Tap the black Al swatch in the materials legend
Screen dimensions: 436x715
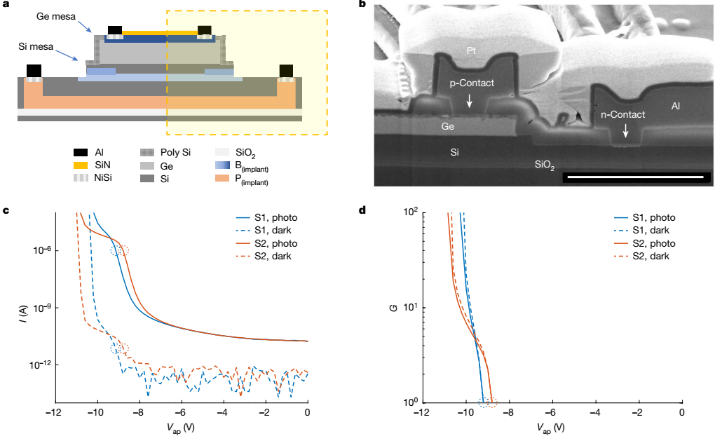coord(80,152)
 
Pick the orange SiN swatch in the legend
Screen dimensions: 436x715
coord(80,165)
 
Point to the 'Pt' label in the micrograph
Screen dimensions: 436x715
coord(473,50)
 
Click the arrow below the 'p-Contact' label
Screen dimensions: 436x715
coord(470,102)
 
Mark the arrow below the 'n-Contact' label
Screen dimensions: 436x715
coord(625,131)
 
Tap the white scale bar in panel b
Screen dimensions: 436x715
coord(633,177)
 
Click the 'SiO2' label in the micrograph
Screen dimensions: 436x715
coord(545,165)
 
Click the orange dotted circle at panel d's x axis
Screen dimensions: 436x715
coord(491,402)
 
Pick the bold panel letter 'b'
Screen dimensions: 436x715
coord(362,5)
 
